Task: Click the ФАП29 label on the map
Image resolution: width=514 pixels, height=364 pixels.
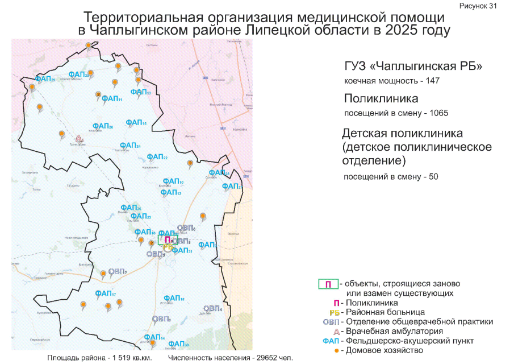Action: point(45,79)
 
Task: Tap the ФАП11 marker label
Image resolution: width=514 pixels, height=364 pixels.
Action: point(112,98)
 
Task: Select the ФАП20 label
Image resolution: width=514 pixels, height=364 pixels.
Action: point(103,126)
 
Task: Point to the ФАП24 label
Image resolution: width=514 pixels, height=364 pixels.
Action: point(130,146)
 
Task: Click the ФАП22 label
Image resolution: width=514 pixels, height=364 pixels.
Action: point(157,157)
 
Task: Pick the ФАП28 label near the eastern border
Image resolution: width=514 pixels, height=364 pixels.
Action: point(219,173)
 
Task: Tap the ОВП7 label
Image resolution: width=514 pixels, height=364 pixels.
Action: point(117,271)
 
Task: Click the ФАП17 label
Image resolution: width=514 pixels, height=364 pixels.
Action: point(106,293)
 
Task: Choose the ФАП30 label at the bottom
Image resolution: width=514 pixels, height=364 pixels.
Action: point(178,344)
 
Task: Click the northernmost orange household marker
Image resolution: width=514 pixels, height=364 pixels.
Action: point(87,45)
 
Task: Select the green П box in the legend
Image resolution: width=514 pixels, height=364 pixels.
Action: point(328,284)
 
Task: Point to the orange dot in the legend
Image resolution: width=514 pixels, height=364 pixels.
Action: point(336,350)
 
